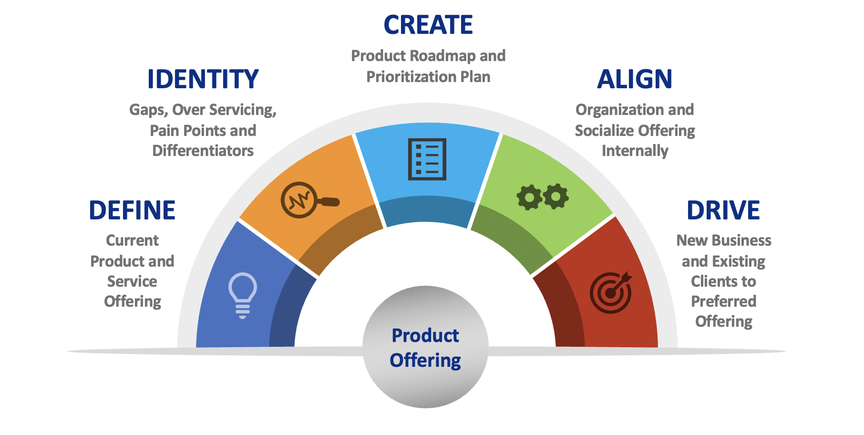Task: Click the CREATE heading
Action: (x=428, y=25)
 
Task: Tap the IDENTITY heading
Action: (x=203, y=79)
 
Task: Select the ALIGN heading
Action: (x=635, y=79)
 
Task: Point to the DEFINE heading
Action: (x=133, y=210)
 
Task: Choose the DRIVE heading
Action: (x=723, y=210)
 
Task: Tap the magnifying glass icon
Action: (x=309, y=200)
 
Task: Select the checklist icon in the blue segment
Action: (x=427, y=159)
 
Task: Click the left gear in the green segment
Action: (x=530, y=197)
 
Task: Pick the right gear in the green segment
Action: (x=556, y=196)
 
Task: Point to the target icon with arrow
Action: (x=611, y=292)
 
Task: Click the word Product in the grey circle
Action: (x=425, y=336)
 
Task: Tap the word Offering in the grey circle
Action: (x=425, y=361)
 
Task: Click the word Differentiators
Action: (x=203, y=151)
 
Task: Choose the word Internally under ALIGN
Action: (x=635, y=151)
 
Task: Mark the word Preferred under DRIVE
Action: (x=724, y=301)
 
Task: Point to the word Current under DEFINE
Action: (x=133, y=240)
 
